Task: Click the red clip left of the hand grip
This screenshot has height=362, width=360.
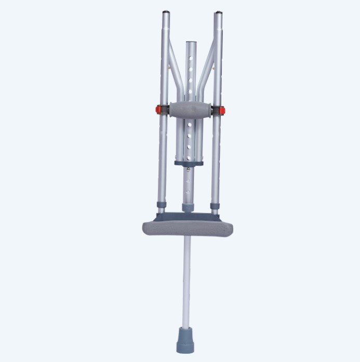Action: [157, 110]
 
